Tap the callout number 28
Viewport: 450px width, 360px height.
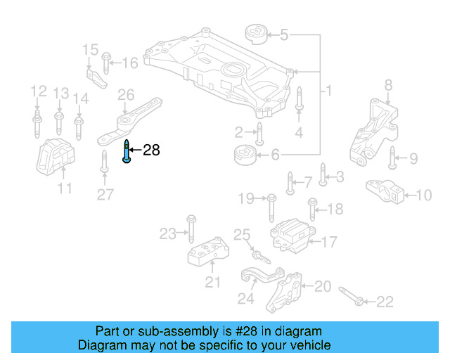tap(152, 150)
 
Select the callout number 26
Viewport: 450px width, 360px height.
tap(126, 95)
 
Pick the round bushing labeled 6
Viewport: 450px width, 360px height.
tap(243, 154)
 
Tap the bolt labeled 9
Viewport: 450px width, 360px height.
tap(392, 159)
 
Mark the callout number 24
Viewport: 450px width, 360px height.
tap(245, 299)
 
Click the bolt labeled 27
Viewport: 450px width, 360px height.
tap(104, 162)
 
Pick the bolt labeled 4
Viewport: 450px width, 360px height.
tap(299, 100)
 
